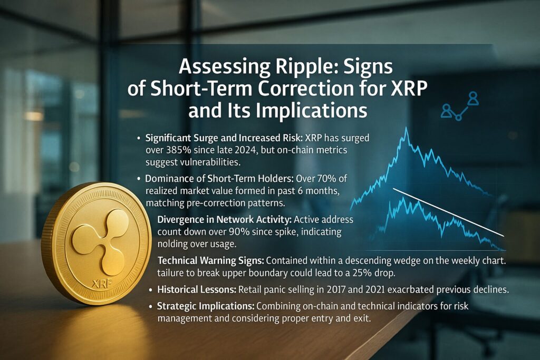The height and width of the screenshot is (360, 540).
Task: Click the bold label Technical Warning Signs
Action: click(x=211, y=261)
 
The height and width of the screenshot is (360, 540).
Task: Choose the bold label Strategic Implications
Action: click(x=206, y=306)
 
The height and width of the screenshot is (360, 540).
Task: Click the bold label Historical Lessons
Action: click(x=197, y=289)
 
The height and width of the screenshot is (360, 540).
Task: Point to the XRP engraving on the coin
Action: click(x=102, y=284)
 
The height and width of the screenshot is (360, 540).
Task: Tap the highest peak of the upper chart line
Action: click(x=407, y=128)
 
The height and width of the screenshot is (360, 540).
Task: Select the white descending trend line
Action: click(x=448, y=212)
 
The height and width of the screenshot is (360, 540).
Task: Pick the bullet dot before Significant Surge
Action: click(x=139, y=138)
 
